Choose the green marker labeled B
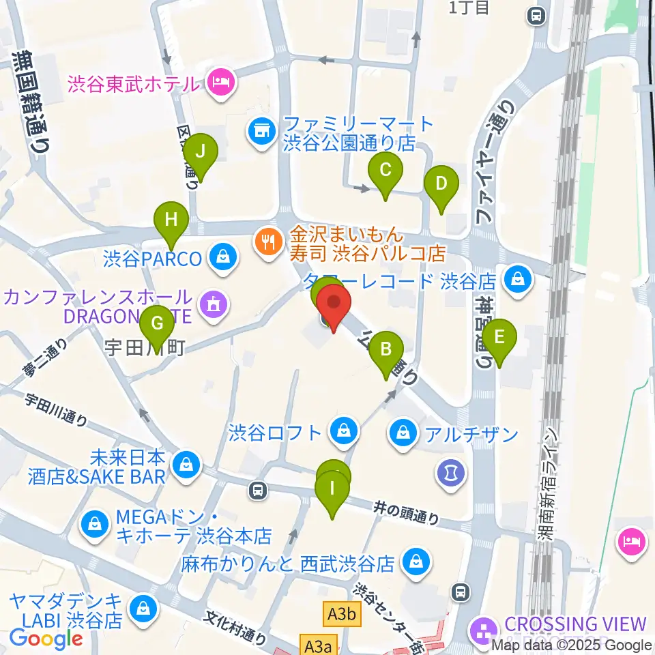(386, 350)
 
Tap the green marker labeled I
(332, 489)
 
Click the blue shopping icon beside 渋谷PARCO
(222, 259)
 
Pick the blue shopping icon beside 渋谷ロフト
(341, 431)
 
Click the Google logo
(46, 639)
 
